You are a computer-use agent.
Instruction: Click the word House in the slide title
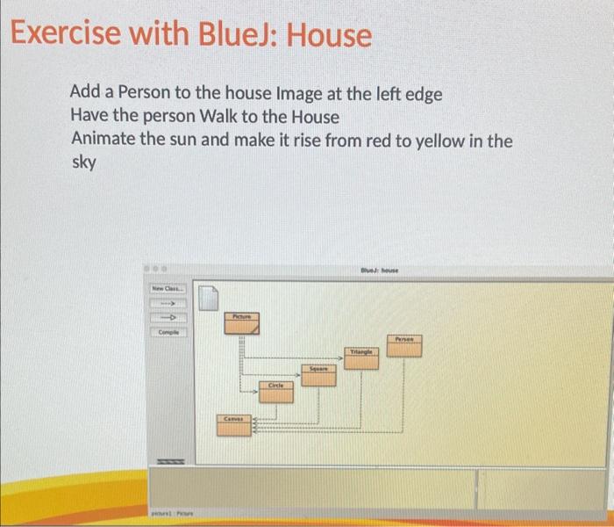[x=329, y=36]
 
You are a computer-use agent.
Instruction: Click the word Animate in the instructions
[x=104, y=140]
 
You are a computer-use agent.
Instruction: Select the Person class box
[x=404, y=344]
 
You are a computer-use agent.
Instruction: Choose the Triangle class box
[x=361, y=356]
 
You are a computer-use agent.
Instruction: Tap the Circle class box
[x=276, y=391]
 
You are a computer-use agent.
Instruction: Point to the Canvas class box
[x=234, y=425]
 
